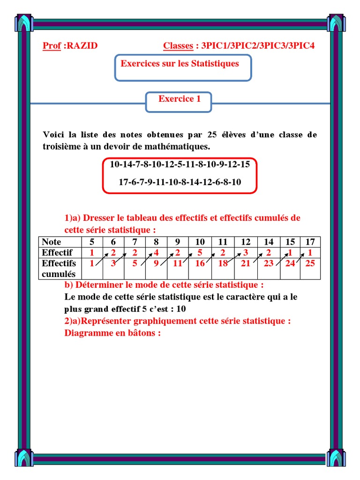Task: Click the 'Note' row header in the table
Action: click(52, 242)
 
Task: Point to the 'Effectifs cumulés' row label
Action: click(59, 268)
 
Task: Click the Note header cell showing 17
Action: click(310, 242)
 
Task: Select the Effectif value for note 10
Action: click(200, 253)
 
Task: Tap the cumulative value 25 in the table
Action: click(310, 263)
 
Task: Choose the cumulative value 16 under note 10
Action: click(200, 263)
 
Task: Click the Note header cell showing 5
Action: click(92, 242)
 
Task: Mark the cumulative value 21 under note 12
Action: click(246, 263)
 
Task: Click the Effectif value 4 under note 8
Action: click(156, 253)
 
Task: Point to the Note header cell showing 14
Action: click(269, 242)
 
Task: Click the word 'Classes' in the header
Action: click(178, 46)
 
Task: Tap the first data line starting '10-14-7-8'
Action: click(180, 165)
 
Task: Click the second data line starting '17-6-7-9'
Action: click(180, 182)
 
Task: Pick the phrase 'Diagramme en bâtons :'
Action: click(112, 333)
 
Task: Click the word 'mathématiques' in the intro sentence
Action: click(182, 147)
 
